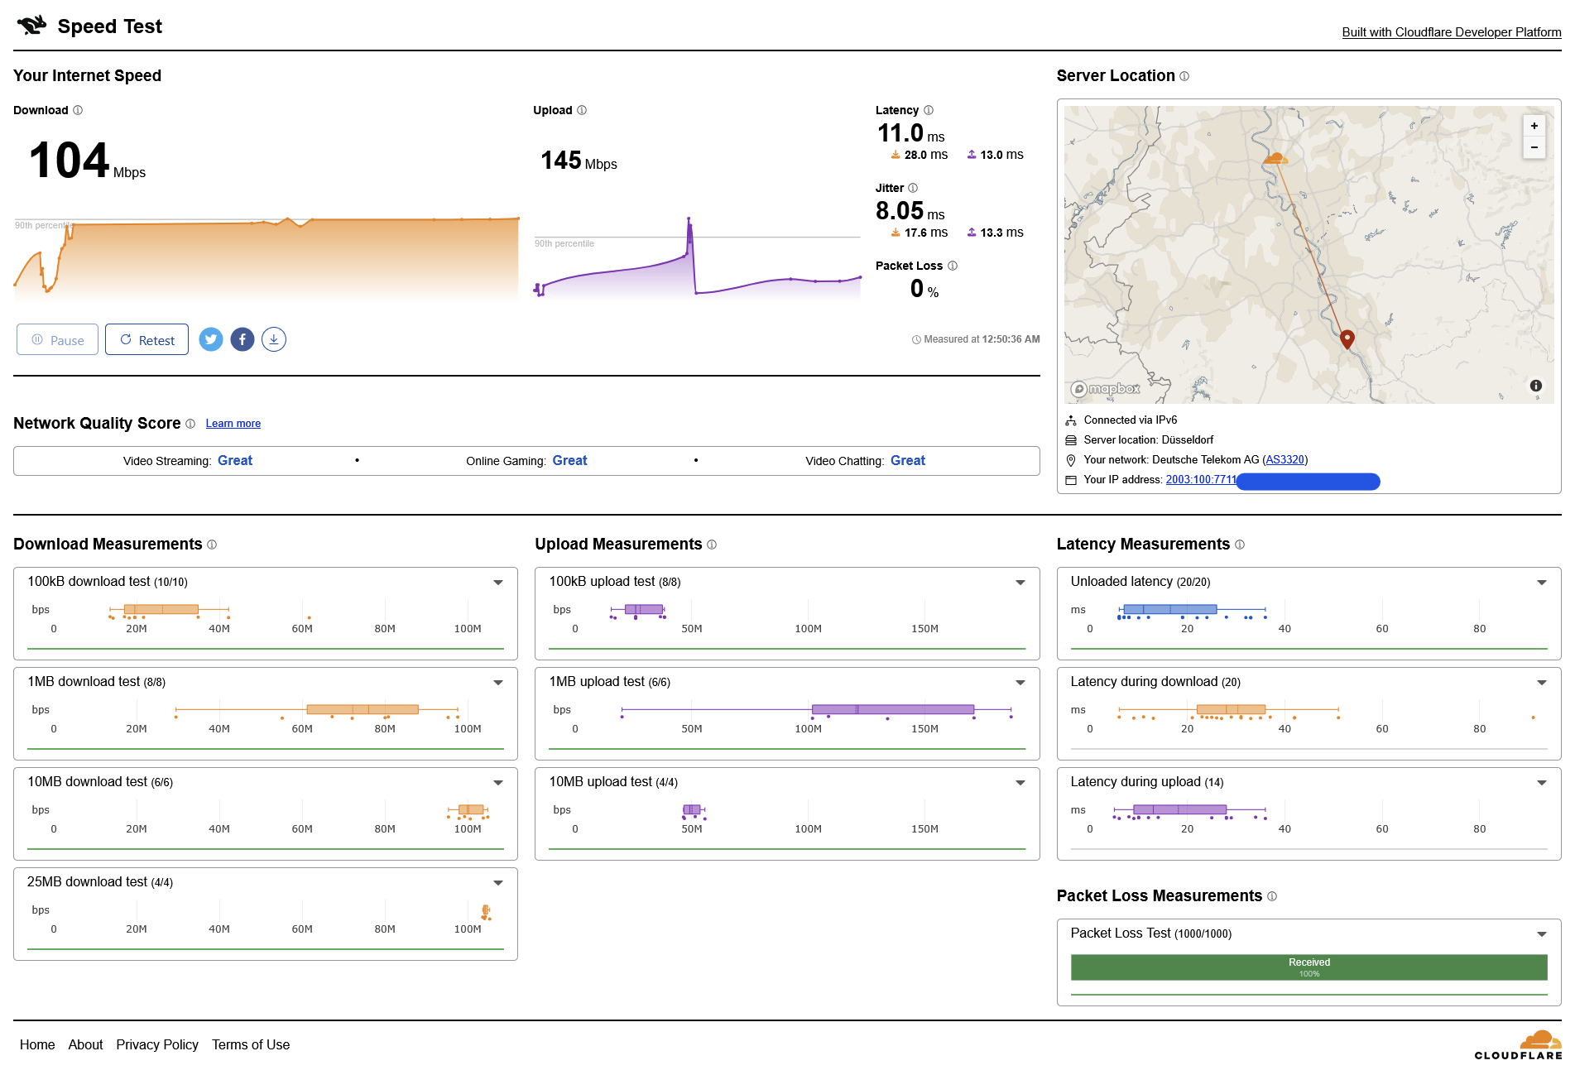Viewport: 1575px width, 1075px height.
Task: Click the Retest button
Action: tap(146, 340)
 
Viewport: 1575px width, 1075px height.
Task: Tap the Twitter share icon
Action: tap(211, 339)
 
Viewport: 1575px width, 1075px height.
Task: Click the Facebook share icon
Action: tap(242, 339)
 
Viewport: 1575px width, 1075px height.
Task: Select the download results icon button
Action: tap(274, 339)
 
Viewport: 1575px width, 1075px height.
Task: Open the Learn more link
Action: tap(233, 424)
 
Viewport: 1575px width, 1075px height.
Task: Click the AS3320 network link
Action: tap(1284, 460)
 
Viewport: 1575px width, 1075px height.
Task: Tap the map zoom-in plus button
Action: tap(1534, 126)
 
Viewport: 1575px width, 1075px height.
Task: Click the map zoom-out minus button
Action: tap(1534, 147)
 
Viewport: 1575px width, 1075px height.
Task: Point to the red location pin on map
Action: tap(1347, 338)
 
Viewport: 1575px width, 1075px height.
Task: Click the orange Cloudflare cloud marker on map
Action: tap(1275, 157)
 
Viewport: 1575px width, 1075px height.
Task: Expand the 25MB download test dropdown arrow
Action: tap(498, 883)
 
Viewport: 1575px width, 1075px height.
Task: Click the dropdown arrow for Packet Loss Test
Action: tap(1541, 934)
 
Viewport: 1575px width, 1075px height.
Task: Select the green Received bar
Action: tap(1308, 967)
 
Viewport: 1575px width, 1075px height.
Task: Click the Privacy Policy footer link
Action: tap(157, 1044)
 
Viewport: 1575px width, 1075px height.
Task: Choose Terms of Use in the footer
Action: tap(251, 1044)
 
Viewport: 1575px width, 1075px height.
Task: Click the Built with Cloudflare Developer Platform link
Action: tap(1451, 32)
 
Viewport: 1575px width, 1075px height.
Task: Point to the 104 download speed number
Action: tap(70, 161)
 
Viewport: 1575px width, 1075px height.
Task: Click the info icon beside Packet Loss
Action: tap(953, 266)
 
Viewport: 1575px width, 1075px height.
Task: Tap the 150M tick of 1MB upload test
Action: tap(924, 729)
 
